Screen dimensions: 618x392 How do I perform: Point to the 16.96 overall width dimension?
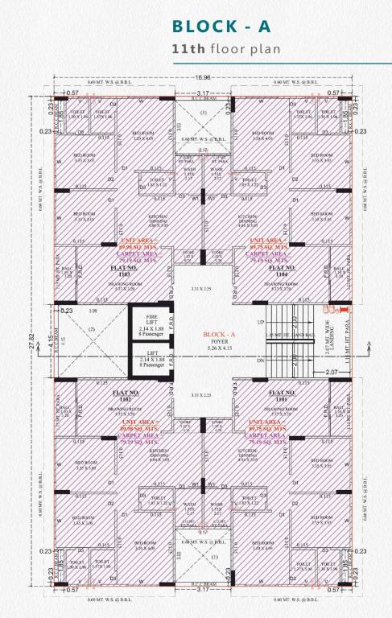(202, 78)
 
